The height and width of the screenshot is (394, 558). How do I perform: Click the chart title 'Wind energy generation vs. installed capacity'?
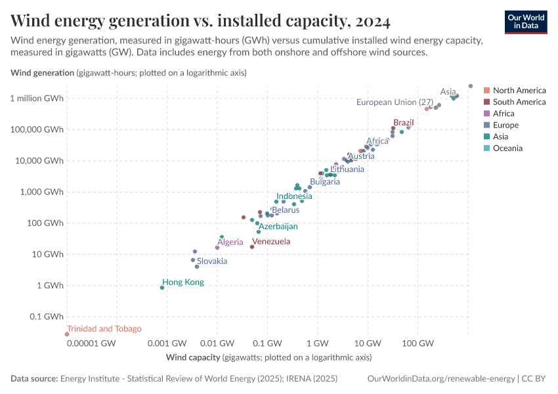(200, 21)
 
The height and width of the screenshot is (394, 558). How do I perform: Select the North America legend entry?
(519, 90)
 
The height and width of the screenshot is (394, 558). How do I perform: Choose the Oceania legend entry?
(507, 148)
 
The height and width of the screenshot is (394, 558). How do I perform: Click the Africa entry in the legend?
(504, 113)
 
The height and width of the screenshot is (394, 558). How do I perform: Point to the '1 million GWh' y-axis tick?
(37, 98)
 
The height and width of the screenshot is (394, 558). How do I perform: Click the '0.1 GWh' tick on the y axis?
(46, 317)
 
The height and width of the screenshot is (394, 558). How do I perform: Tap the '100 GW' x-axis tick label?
(418, 344)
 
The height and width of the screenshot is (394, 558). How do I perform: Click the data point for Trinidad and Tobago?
(66, 334)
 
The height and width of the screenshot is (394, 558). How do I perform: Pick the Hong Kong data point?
(162, 288)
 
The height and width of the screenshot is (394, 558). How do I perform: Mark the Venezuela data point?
(252, 247)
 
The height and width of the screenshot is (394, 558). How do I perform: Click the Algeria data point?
(217, 248)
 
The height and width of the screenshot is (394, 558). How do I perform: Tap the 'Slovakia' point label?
(212, 261)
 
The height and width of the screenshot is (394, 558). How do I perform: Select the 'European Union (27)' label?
(395, 102)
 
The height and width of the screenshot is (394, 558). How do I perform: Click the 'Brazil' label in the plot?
(403, 123)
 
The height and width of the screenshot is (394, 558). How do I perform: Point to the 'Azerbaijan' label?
(278, 226)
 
